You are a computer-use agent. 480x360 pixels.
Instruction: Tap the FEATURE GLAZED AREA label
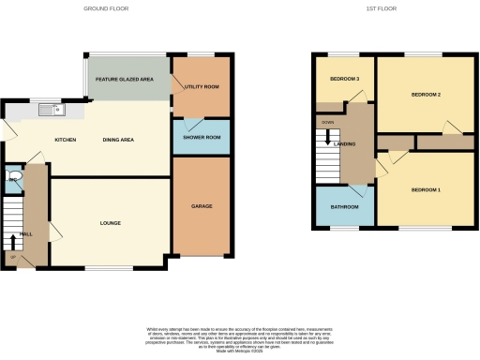[124, 81]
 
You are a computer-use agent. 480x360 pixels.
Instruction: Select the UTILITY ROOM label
[202, 86]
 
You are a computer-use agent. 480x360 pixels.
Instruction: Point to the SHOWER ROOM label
[202, 138]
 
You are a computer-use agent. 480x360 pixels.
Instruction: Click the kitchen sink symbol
[49, 111]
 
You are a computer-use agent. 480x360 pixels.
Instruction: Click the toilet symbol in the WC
[13, 175]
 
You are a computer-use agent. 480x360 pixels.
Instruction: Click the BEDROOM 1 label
[426, 190]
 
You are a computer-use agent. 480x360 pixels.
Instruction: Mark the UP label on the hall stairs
[13, 256]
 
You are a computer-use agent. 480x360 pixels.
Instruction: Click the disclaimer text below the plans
[240, 338]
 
